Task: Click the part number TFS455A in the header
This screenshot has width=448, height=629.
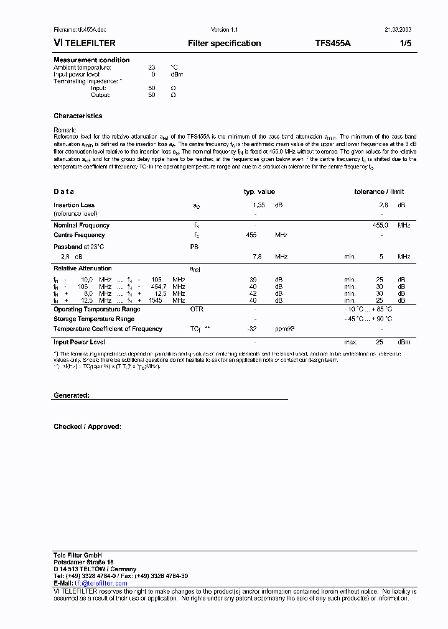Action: pos(333,44)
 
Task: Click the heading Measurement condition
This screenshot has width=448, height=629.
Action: pos(91,60)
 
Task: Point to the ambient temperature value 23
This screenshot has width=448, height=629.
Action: pos(151,67)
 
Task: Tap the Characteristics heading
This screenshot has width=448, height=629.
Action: pos(78,116)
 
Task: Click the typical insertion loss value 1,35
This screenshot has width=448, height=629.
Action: pos(259,205)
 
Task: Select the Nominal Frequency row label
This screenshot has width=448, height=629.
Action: pos(82,226)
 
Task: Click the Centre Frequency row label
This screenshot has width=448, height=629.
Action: pos(79,236)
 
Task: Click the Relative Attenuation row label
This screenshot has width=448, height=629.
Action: pos(82,269)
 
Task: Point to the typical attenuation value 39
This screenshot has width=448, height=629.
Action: pos(253,280)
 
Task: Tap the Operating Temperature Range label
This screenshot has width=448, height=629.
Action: pos(96,310)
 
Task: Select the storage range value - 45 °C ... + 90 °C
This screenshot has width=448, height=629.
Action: pos(368,319)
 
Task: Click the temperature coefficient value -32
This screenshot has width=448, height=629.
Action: pos(252,329)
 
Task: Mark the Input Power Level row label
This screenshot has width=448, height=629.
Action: pos(79,342)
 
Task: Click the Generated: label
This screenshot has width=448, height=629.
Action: pos(72,396)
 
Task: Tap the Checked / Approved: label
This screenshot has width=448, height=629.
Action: pos(87,427)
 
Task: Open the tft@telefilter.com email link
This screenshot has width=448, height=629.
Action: pos(101,584)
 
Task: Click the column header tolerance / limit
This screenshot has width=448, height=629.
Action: pos(379,192)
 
